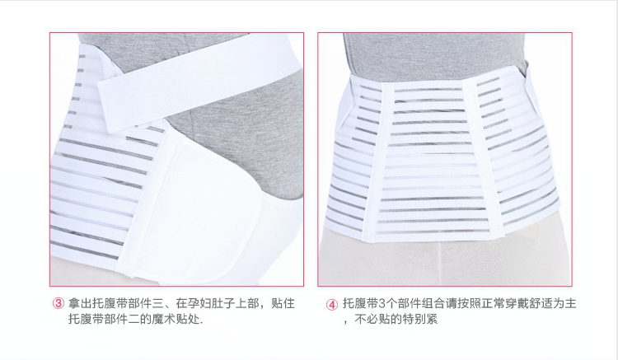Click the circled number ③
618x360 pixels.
click(x=58, y=303)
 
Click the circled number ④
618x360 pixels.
click(x=332, y=305)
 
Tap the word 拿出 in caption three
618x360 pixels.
click(x=80, y=303)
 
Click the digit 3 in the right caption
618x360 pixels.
click(x=382, y=304)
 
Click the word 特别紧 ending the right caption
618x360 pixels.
click(x=419, y=319)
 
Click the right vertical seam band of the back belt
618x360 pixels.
click(x=483, y=157)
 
